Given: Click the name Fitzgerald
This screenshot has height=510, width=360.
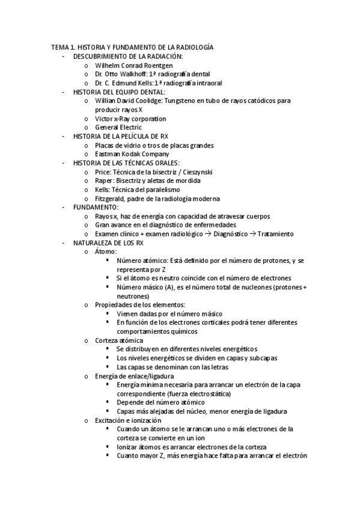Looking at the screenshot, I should pyautogui.click(x=109, y=198).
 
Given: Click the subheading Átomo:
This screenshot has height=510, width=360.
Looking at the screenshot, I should pyautogui.click(x=106, y=251).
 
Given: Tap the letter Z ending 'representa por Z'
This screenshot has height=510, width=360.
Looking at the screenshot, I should pyautogui.click(x=163, y=269).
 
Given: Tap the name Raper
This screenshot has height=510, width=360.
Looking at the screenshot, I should pyautogui.click(x=104, y=180).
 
